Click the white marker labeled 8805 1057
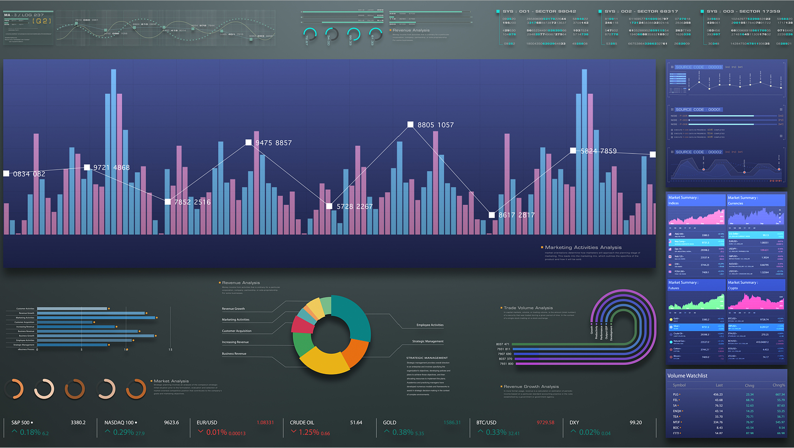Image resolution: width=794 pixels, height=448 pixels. pyautogui.click(x=410, y=125)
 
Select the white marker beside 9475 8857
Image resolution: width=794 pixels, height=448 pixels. pyautogui.click(x=249, y=143)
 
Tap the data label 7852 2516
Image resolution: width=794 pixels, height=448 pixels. pyautogui.click(x=192, y=202)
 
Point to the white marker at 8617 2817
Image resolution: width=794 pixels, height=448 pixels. pyautogui.click(x=492, y=215)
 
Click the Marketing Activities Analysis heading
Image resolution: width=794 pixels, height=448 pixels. pyautogui.click(x=583, y=247)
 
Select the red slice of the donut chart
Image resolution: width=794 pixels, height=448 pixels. pyautogui.click(x=302, y=326)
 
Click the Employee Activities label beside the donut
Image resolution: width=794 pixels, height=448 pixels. pyautogui.click(x=430, y=325)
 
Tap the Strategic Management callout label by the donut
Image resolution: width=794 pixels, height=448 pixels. pyautogui.click(x=428, y=341)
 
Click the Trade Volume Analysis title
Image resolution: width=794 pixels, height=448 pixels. pyautogui.click(x=528, y=308)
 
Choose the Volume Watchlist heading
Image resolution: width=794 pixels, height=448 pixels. pyautogui.click(x=687, y=376)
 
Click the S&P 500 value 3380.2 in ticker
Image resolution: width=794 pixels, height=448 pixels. pyautogui.click(x=78, y=423)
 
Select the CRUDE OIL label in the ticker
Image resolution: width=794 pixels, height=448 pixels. pyautogui.click(x=302, y=423)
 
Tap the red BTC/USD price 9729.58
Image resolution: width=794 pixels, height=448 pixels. pyautogui.click(x=545, y=423)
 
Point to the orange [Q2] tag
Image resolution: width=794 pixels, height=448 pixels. pyautogui.click(x=42, y=21)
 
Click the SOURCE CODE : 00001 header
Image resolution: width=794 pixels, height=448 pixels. pyautogui.click(x=698, y=110)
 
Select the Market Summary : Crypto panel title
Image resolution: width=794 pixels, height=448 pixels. pyautogui.click(x=742, y=285)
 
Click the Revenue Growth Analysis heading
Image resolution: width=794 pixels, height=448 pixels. pyautogui.click(x=531, y=386)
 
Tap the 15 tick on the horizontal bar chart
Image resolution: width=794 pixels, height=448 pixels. pyautogui.click(x=170, y=349)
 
